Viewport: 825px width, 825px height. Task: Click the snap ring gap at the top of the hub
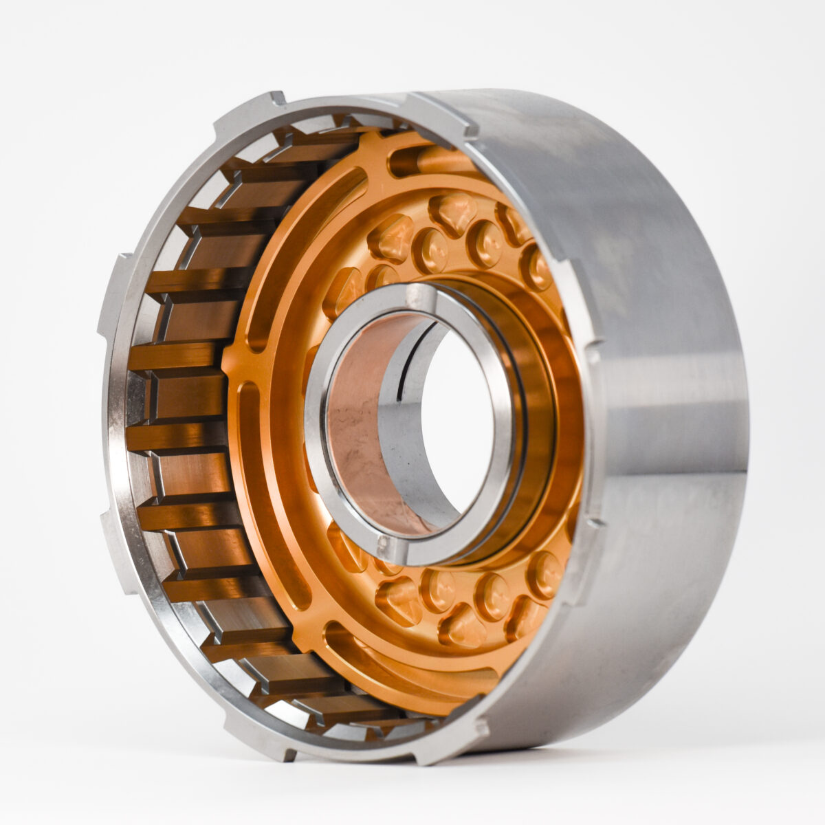pyautogui.click(x=421, y=297)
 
